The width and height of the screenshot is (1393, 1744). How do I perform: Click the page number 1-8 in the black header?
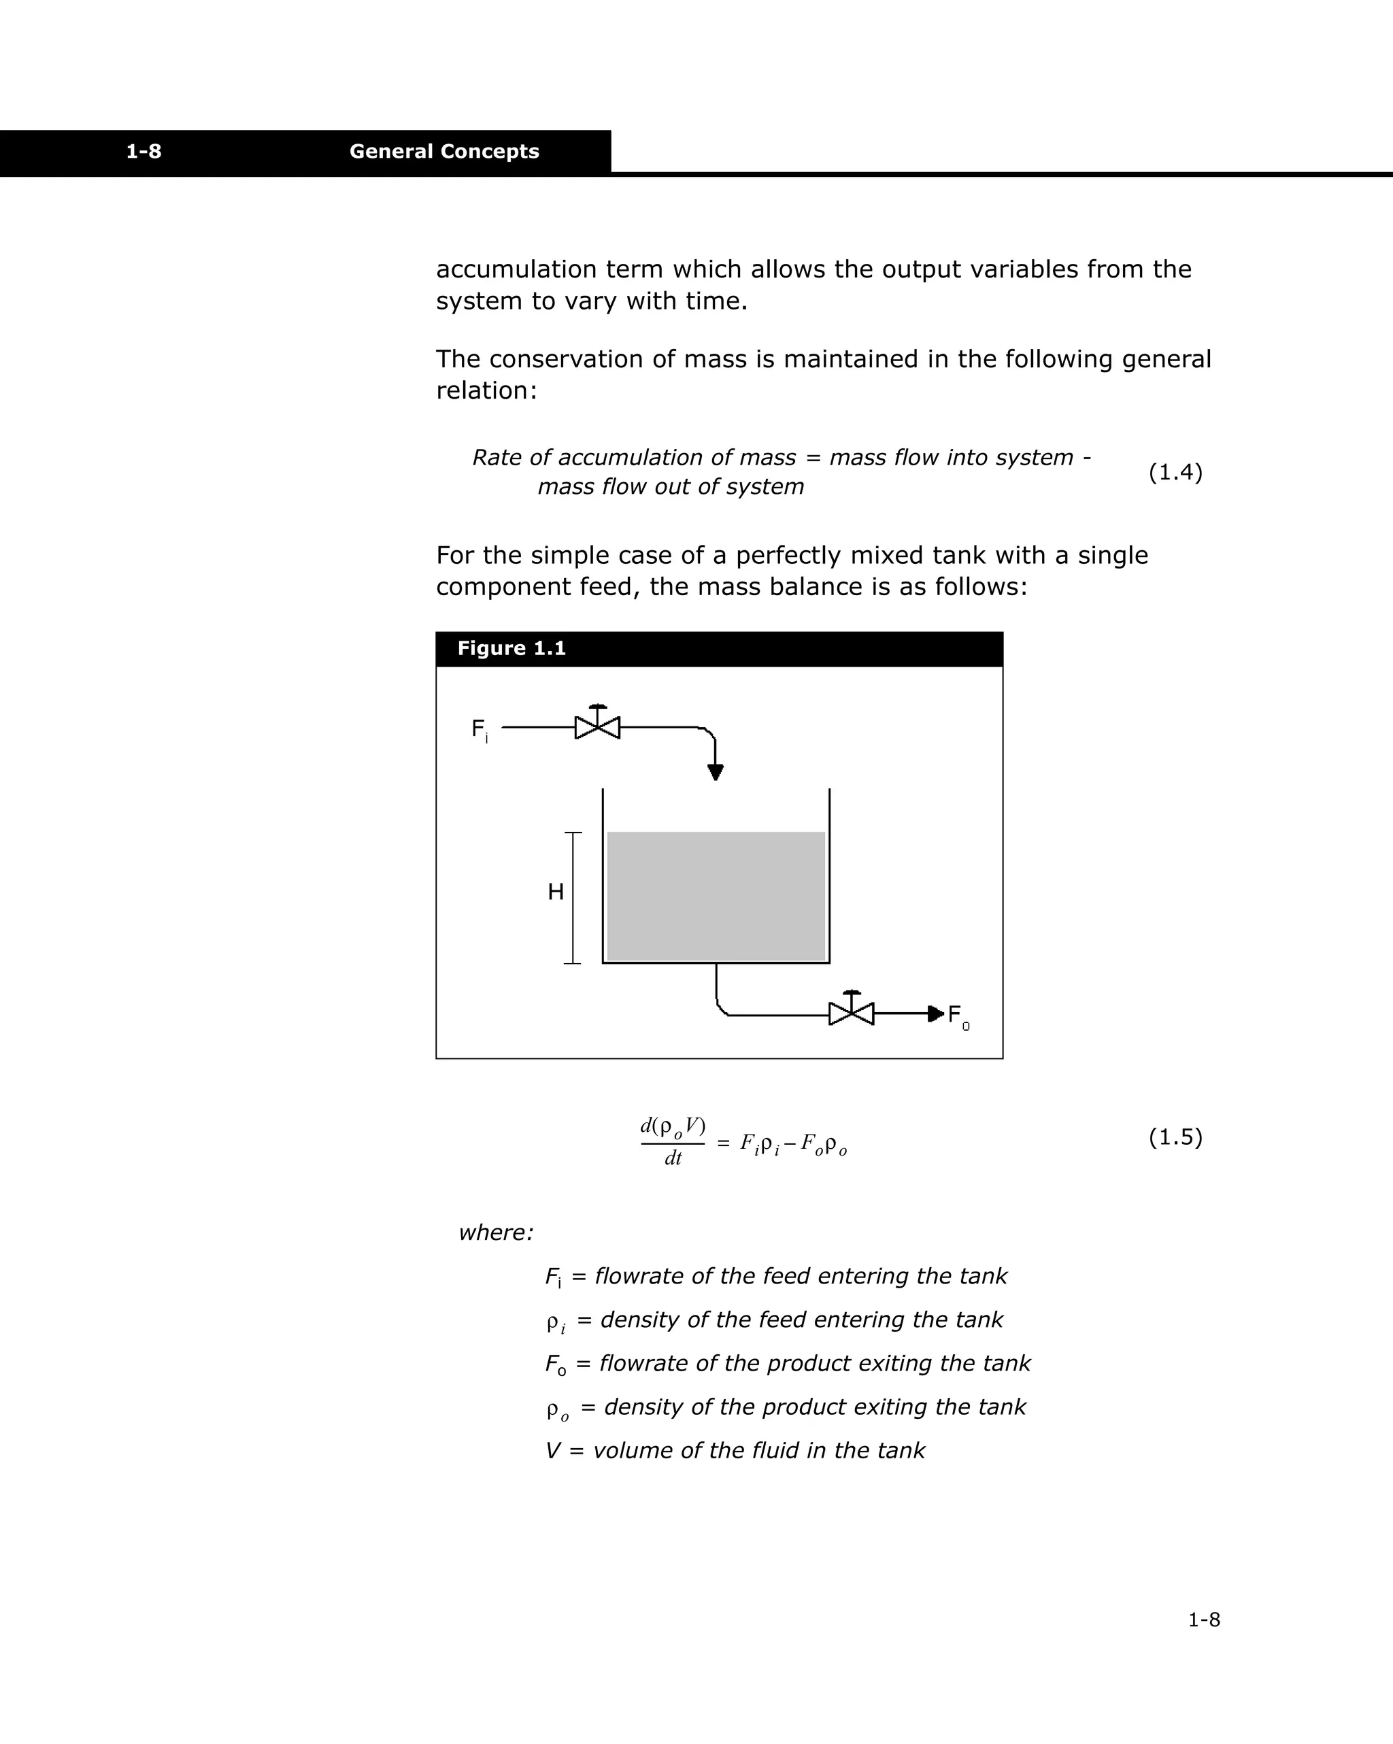click(x=144, y=151)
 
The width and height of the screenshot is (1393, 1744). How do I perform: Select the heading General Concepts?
click(x=443, y=151)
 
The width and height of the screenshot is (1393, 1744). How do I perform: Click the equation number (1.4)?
click(x=1175, y=473)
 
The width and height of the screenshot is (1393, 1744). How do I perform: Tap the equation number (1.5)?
click(x=1175, y=1137)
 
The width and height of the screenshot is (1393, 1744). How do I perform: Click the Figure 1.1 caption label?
click(x=511, y=649)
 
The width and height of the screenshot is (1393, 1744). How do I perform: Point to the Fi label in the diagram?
click(x=479, y=730)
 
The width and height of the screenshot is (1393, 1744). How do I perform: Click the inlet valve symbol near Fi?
click(x=597, y=726)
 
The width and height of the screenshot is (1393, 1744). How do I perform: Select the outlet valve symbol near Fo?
click(x=851, y=1013)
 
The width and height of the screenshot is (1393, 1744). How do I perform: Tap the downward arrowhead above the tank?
click(x=715, y=772)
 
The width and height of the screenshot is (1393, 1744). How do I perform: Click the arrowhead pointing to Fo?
click(x=935, y=1013)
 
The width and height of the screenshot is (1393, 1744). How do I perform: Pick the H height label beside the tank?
click(x=555, y=892)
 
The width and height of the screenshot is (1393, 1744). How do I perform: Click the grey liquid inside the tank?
click(x=716, y=896)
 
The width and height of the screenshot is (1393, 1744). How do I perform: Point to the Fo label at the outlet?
click(x=957, y=1017)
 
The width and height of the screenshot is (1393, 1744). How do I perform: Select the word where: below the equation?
click(x=496, y=1232)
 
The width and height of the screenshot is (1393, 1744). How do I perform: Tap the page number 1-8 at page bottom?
click(x=1203, y=1620)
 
